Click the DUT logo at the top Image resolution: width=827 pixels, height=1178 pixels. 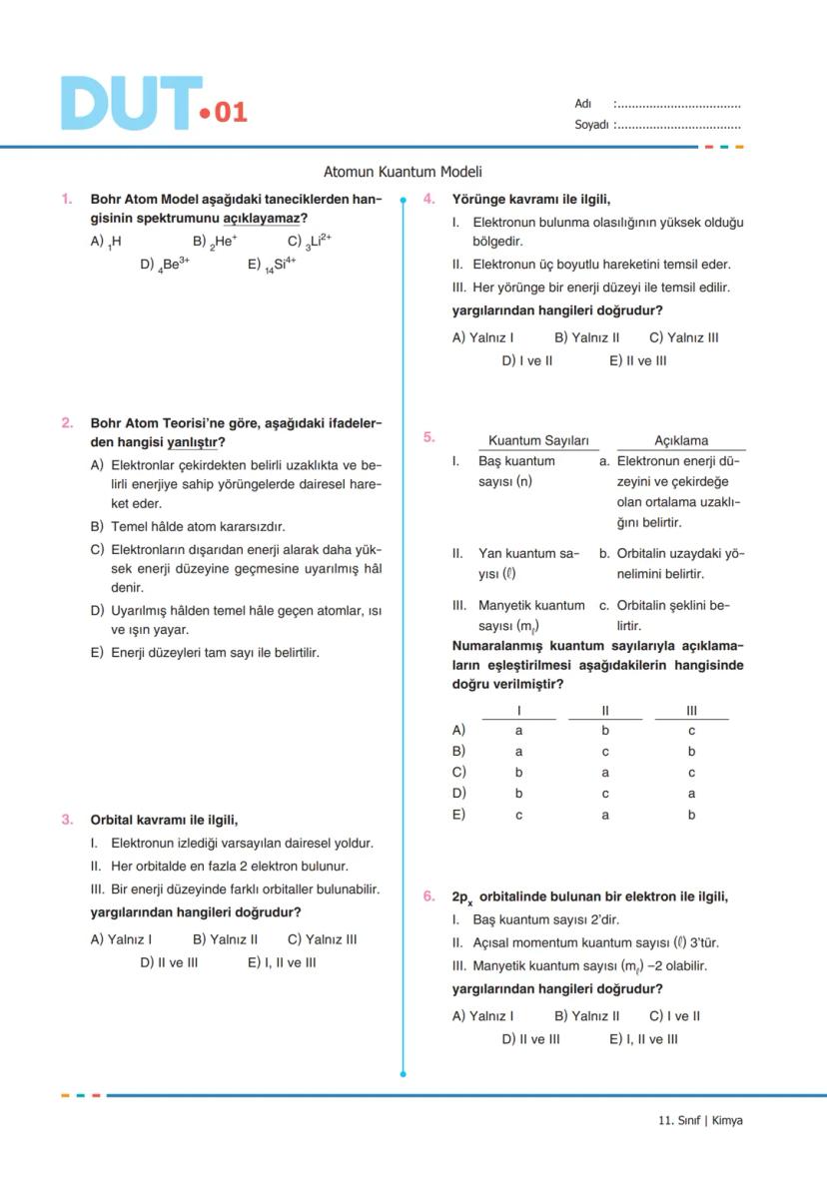click(130, 103)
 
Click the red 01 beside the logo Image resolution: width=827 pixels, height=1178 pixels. click(230, 112)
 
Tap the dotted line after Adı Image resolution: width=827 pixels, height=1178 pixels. click(679, 104)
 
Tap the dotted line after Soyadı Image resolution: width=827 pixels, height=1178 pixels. click(679, 125)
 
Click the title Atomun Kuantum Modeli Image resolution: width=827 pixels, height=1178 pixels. click(403, 172)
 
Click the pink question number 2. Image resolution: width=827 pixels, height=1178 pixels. click(67, 422)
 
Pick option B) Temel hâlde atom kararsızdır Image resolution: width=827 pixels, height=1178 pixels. click(187, 526)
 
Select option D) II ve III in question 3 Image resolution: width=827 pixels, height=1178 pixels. click(169, 962)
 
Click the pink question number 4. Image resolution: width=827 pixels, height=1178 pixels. click(428, 199)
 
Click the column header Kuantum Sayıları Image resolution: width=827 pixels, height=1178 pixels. click(538, 440)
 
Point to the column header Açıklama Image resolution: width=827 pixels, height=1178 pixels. click(681, 440)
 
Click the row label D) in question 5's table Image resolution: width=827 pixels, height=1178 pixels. click(458, 793)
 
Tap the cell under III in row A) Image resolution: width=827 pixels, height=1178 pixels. click(691, 731)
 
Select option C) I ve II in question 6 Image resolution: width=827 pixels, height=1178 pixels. click(674, 1015)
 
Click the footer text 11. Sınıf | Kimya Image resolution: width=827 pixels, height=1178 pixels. click(700, 1120)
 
